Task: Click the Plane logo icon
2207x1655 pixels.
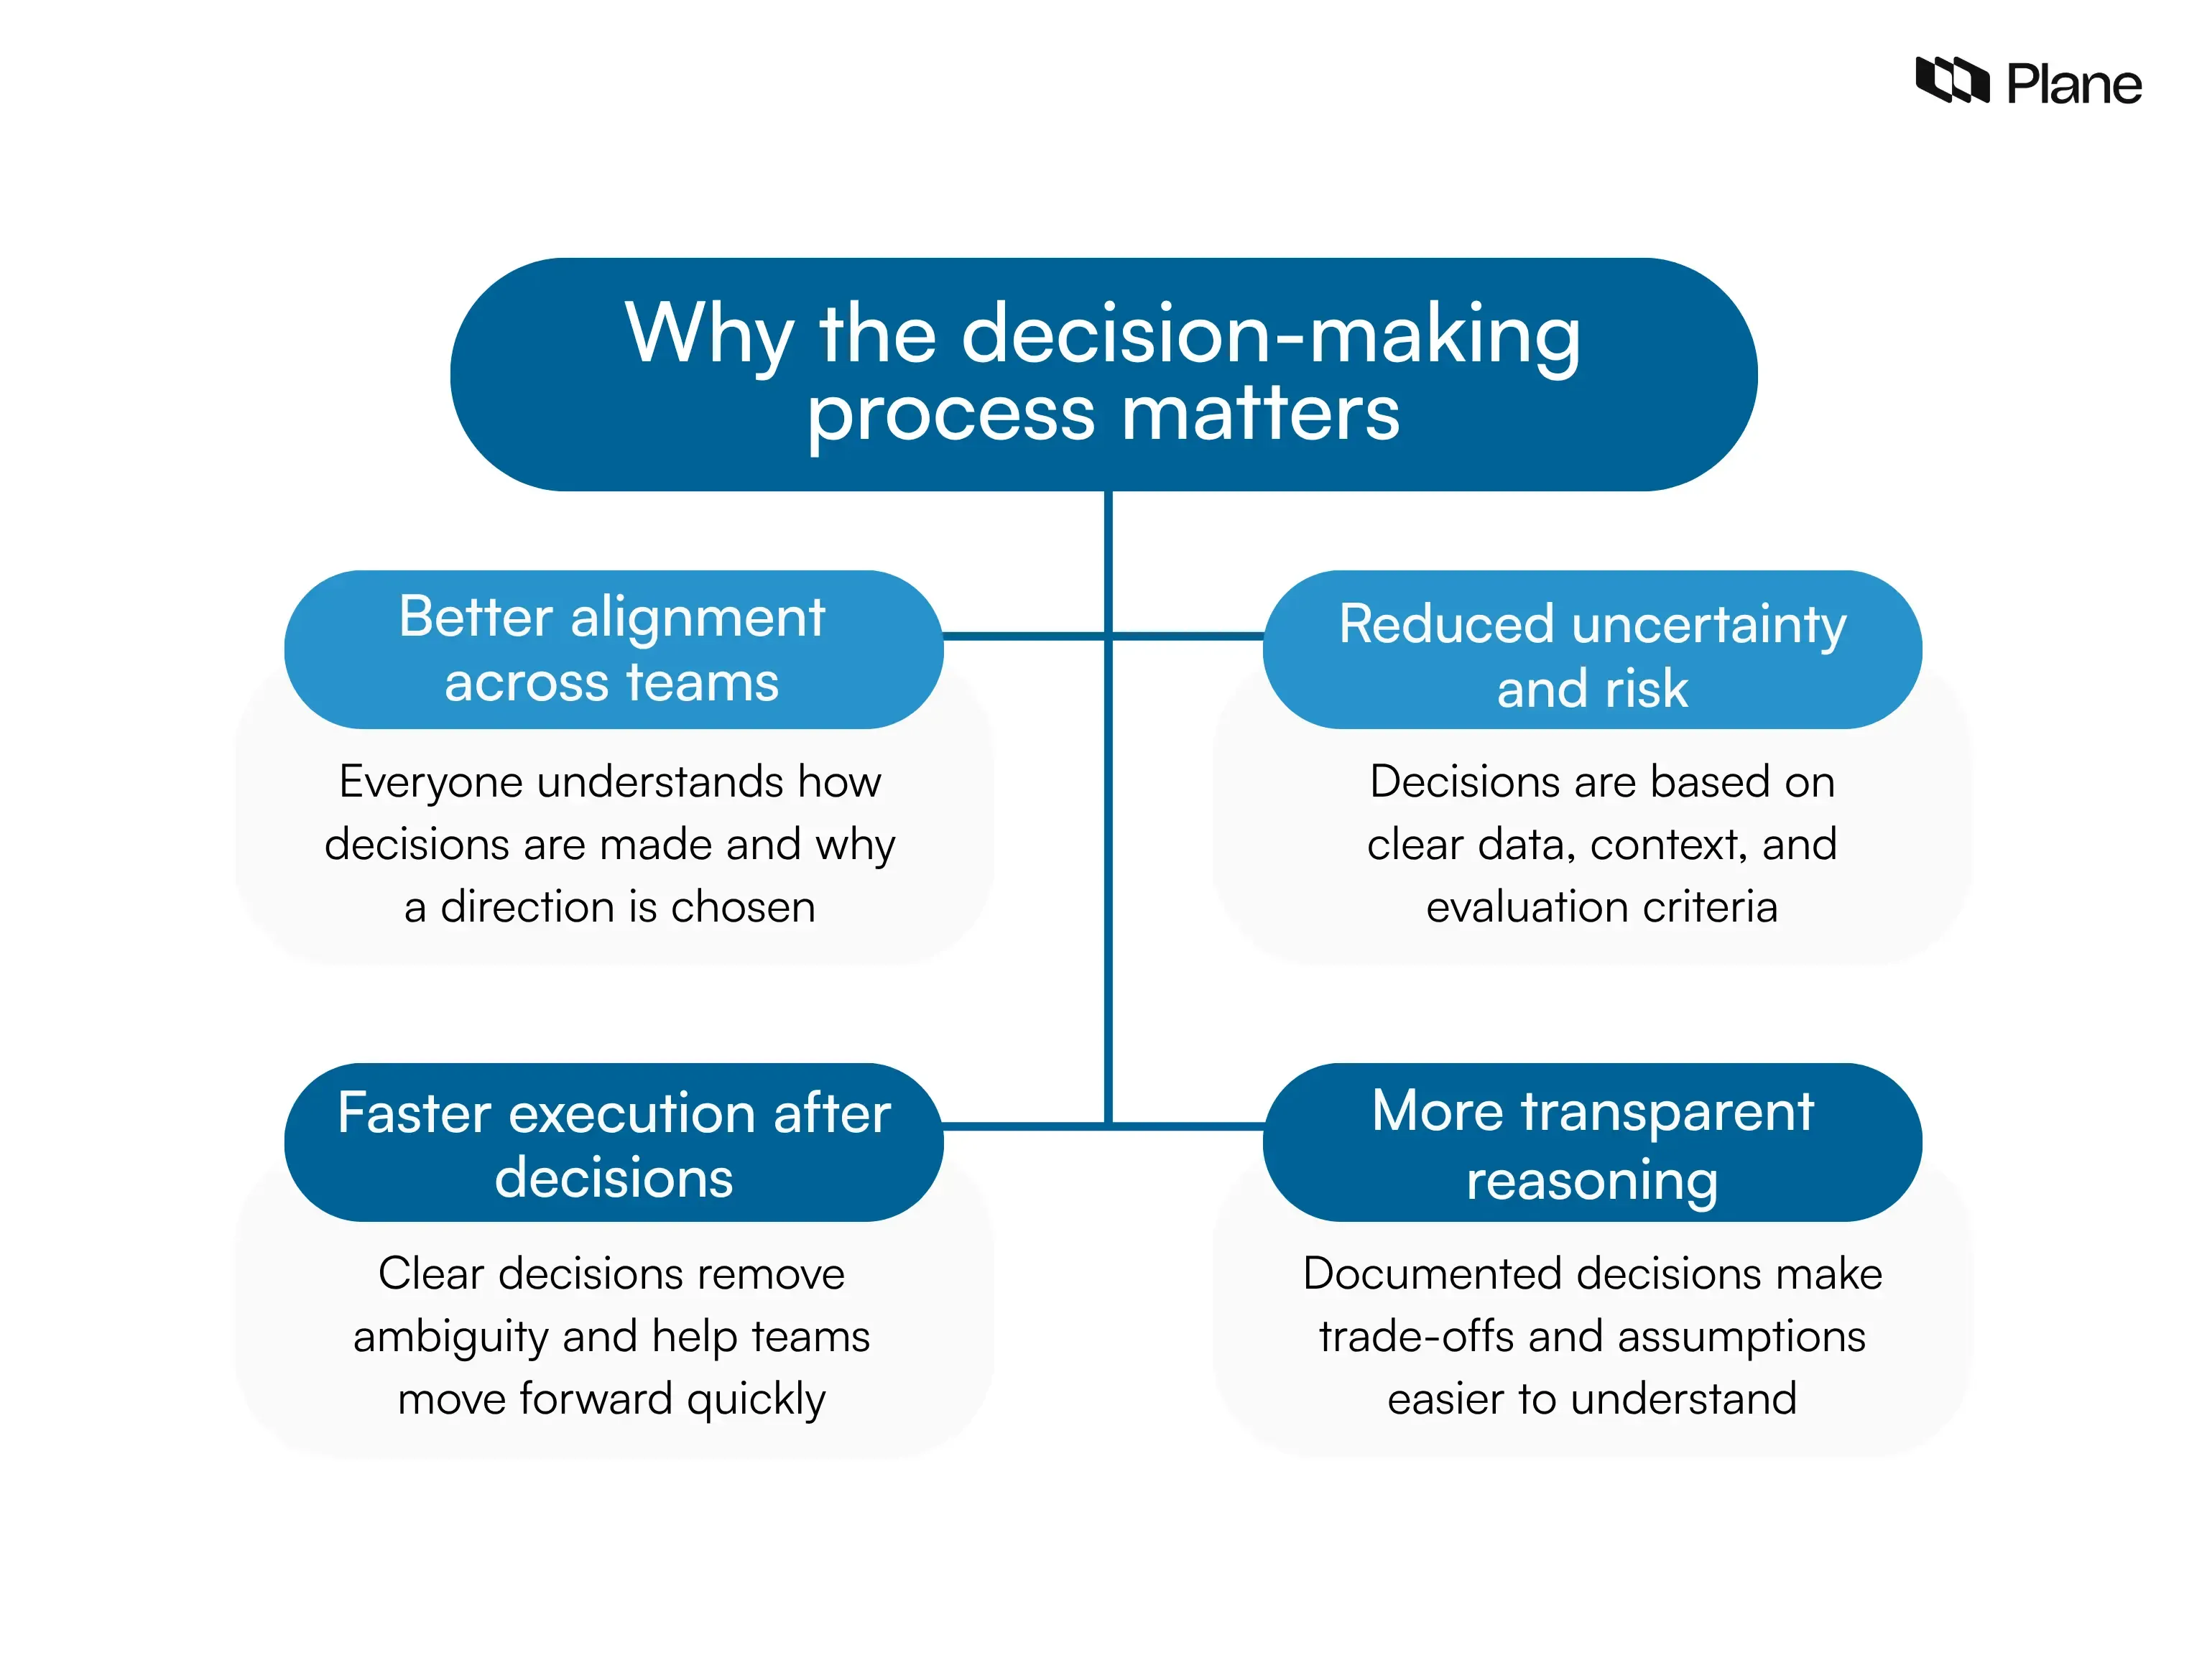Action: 1951,80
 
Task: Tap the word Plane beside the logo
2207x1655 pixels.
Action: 2073,85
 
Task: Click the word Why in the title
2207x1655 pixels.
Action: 709,334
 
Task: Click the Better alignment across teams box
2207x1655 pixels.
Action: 613,649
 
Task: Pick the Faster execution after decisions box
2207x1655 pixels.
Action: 613,1141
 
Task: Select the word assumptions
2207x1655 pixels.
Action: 1740,1337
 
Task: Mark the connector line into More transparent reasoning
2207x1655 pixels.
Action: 1188,1126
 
